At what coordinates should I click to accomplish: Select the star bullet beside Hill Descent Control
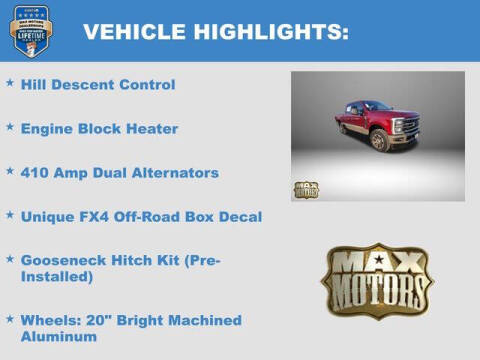pyautogui.click(x=10, y=84)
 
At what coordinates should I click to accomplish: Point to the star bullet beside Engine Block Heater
pyautogui.click(x=10, y=128)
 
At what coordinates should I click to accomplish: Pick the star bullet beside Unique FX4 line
pyautogui.click(x=10, y=215)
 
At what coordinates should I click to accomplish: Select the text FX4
pyautogui.click(x=99, y=216)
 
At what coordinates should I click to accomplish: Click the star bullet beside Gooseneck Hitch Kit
pyautogui.click(x=10, y=259)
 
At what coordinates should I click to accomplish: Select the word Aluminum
pyautogui.click(x=59, y=337)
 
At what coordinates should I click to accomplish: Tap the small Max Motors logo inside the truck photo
pyautogui.click(x=306, y=189)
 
